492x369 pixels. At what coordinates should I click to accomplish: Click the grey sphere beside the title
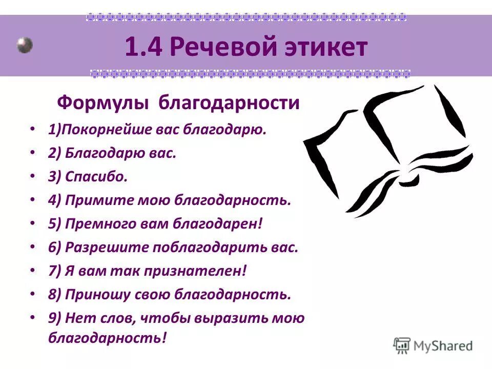click(x=24, y=45)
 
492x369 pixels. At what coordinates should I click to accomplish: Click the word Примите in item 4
click(x=92, y=200)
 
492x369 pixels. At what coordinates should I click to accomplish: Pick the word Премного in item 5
click(x=96, y=223)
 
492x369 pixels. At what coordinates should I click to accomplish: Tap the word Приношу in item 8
click(x=94, y=294)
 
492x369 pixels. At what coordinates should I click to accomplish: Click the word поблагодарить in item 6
click(x=203, y=247)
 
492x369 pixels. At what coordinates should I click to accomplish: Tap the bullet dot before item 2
click(x=33, y=153)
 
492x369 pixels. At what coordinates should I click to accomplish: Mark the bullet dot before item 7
click(x=33, y=271)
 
